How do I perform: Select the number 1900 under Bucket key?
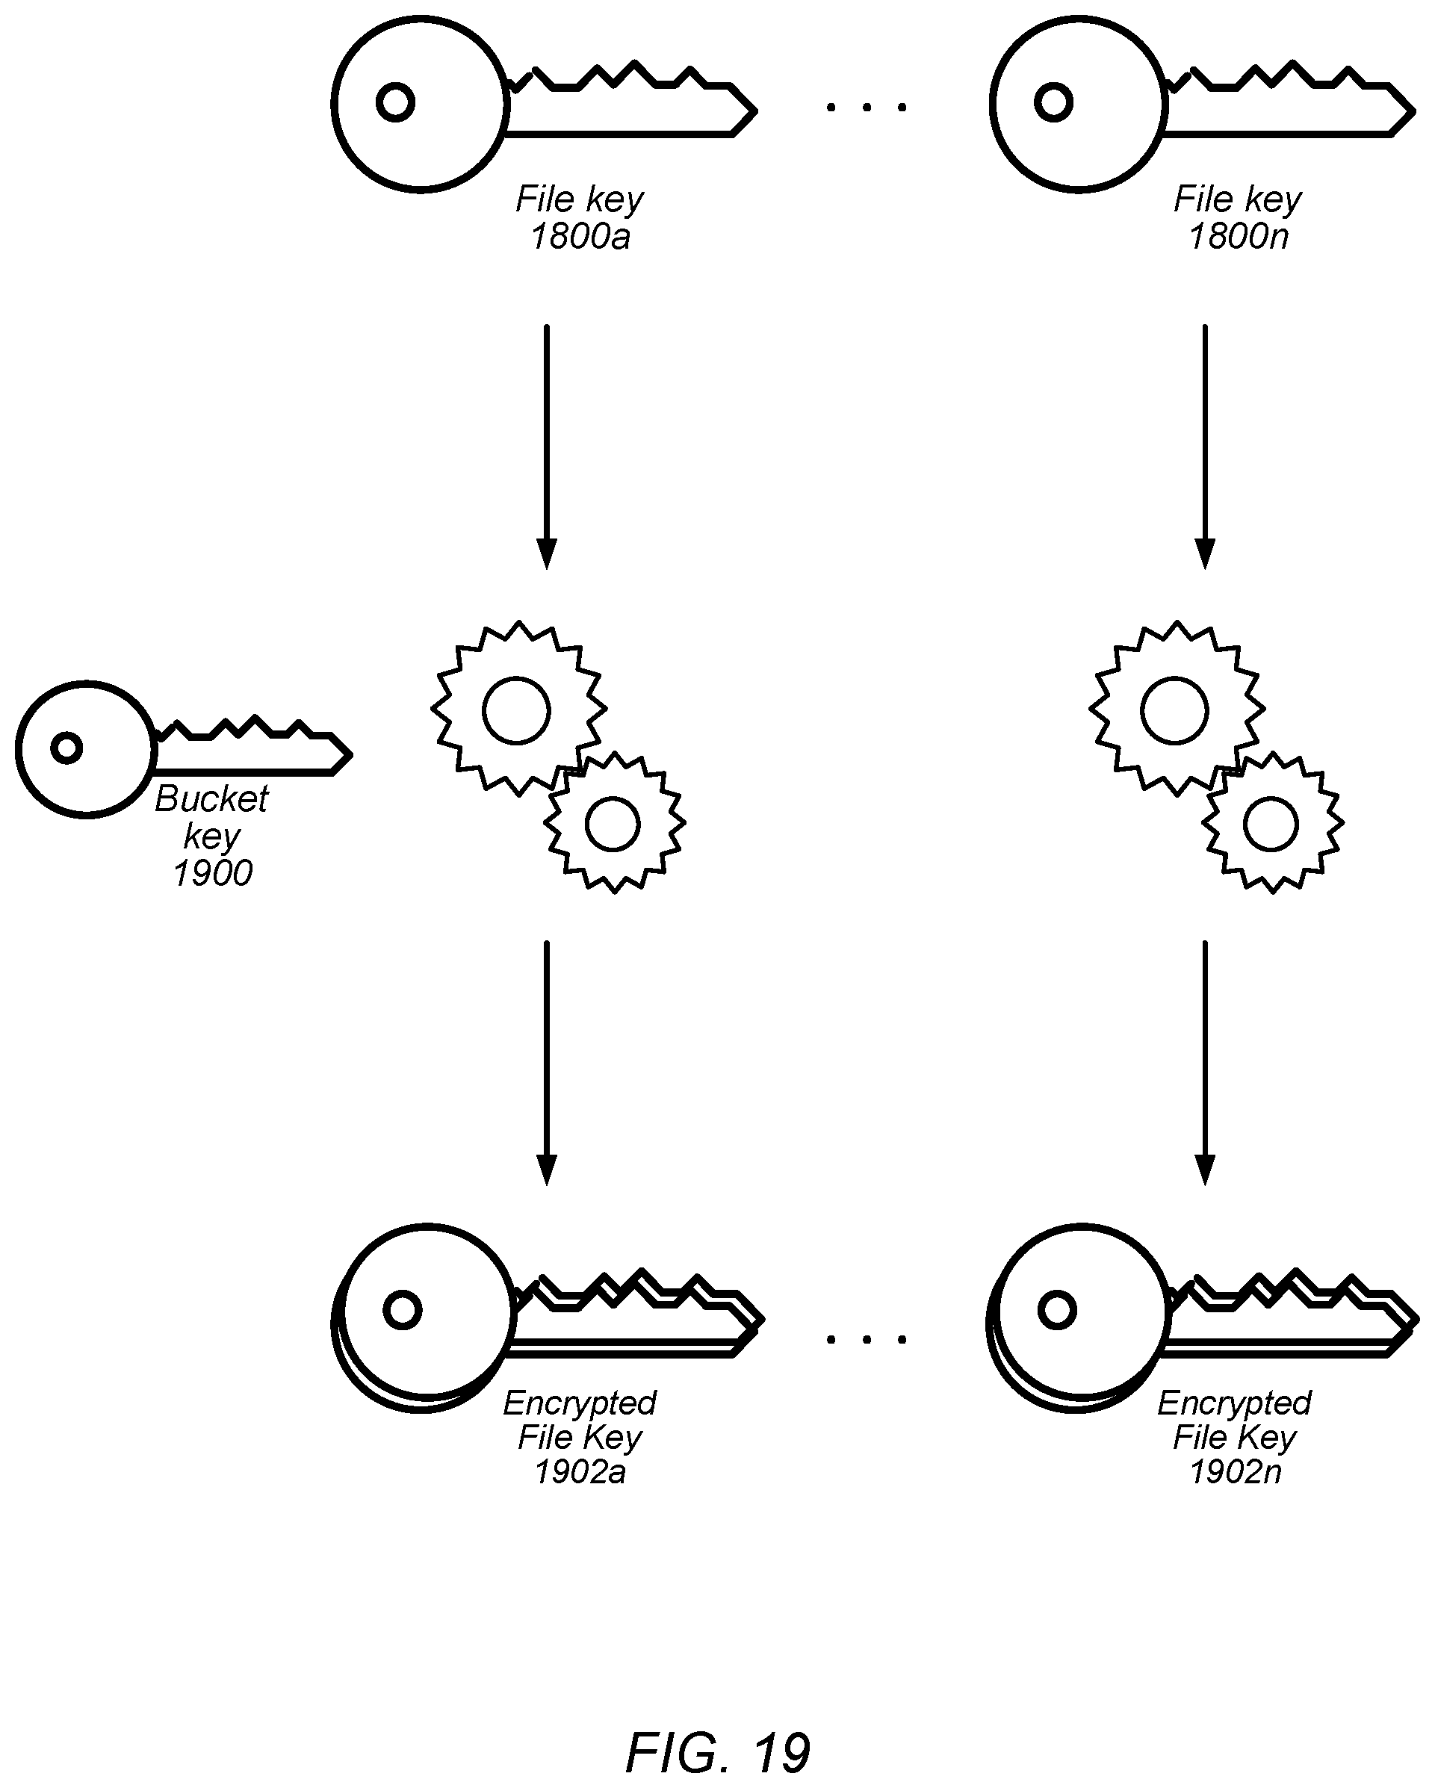212,873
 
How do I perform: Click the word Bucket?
211,798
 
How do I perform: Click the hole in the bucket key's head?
66,747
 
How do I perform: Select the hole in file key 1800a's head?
396,103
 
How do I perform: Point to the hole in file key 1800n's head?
1053,103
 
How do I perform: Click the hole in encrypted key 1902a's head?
403,1310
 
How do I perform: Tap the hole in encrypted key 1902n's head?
1058,1310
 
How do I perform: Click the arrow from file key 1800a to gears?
546,447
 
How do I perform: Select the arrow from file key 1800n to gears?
1204,447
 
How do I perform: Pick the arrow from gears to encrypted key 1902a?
546,1064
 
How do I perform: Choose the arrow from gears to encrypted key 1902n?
1204,1064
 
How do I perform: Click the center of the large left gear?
517,710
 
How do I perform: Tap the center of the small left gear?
613,824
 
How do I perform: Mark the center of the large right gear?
1174,710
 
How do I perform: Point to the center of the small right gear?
1271,824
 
